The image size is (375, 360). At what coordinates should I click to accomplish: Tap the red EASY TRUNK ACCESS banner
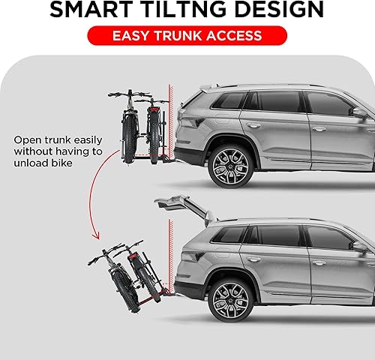pos(188,35)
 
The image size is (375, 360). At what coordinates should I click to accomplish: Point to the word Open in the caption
pos(26,139)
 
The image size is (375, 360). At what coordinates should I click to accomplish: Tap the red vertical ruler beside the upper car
pos(171,124)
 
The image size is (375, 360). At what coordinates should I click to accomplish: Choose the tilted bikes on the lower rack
pos(127,267)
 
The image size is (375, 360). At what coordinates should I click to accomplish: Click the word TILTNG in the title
pos(188,10)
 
